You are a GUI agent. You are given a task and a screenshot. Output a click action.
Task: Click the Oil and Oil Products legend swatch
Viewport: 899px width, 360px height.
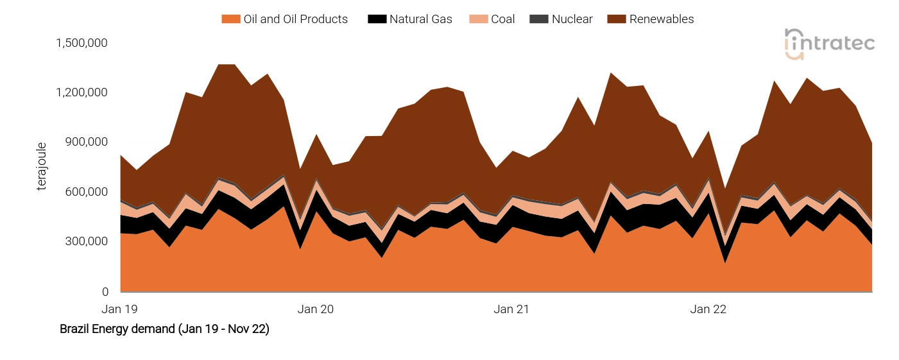click(x=230, y=19)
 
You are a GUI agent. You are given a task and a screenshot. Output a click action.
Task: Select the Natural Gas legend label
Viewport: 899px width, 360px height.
click(x=420, y=19)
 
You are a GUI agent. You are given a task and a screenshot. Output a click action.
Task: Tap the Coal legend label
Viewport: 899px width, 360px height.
click(x=502, y=19)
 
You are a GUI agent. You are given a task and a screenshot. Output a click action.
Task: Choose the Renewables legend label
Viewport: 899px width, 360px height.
click(x=661, y=19)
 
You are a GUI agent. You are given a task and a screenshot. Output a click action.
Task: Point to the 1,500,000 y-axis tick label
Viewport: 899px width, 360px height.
click(x=81, y=43)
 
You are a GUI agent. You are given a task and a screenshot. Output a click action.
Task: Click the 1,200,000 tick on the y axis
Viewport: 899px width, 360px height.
click(x=81, y=92)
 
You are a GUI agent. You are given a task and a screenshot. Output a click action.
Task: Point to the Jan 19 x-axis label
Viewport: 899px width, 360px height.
click(x=120, y=309)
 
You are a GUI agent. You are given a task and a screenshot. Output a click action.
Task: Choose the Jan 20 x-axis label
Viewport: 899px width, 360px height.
click(x=316, y=309)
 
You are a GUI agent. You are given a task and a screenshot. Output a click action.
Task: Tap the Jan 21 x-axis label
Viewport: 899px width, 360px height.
click(x=511, y=309)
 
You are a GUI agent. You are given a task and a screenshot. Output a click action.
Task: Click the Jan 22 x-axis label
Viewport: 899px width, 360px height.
click(x=708, y=309)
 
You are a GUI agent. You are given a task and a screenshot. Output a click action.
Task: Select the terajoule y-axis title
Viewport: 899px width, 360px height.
click(x=42, y=167)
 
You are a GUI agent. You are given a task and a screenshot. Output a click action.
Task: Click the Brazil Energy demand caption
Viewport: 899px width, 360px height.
click(x=164, y=329)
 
